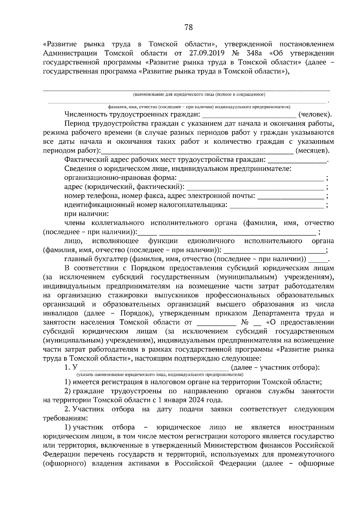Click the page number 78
click(x=188, y=28)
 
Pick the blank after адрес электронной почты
click(x=291, y=197)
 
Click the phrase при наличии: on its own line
click(x=86, y=214)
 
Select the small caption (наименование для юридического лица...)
click(x=199, y=95)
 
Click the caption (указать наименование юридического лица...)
click(x=160, y=375)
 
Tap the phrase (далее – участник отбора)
click(x=275, y=368)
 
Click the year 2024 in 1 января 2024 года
click(x=196, y=400)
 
